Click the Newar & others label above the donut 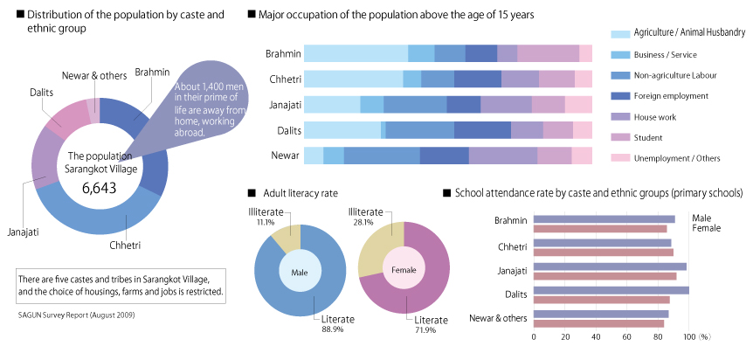pos(94,75)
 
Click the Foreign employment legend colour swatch pos(618,95)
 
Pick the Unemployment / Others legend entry pos(676,158)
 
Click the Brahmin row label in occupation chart pos(283,54)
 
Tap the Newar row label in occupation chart pos(285,156)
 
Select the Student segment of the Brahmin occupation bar pos(548,54)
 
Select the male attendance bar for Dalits pos(611,290)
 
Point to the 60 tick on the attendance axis pos(626,336)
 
